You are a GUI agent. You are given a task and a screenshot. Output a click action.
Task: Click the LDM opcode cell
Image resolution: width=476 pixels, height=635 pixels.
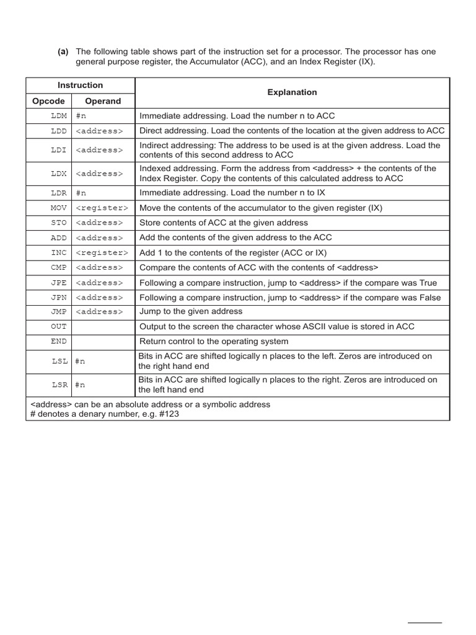59,115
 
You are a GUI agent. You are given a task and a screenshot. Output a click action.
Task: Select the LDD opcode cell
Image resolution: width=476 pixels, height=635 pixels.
59,131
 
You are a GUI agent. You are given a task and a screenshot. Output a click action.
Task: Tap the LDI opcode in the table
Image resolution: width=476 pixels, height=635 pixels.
59,150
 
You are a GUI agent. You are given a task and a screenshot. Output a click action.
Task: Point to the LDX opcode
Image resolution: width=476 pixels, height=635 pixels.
59,174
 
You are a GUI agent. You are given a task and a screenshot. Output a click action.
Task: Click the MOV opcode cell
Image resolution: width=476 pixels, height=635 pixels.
59,208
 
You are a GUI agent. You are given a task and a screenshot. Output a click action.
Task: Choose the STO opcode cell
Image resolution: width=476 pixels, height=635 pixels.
59,223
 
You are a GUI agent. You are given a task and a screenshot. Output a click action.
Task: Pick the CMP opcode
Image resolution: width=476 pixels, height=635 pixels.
59,267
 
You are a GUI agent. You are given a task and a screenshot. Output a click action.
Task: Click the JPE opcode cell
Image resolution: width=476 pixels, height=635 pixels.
59,283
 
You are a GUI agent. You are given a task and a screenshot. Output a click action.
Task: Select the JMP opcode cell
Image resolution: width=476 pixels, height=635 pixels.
59,312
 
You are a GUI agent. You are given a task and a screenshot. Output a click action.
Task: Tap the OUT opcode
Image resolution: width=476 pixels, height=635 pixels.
59,327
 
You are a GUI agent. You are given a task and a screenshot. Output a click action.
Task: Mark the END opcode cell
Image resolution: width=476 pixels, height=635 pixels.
59,342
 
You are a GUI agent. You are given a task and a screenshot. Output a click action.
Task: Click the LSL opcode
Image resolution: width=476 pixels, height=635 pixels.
60,361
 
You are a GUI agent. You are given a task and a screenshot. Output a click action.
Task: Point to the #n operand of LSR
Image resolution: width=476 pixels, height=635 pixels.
81,385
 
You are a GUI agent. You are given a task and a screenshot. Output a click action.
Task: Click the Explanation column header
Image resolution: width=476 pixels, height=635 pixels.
292,92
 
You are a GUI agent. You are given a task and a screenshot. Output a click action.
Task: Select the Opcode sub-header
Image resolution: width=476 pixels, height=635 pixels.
48,100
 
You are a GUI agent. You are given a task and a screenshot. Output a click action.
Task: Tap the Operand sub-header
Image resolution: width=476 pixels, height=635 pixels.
103,100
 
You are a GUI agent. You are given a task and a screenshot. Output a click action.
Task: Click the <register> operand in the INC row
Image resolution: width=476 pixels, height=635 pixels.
102,252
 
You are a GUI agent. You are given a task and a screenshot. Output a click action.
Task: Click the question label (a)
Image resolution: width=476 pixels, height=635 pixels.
63,51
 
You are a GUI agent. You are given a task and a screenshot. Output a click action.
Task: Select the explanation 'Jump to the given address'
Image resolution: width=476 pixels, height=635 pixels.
191,311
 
